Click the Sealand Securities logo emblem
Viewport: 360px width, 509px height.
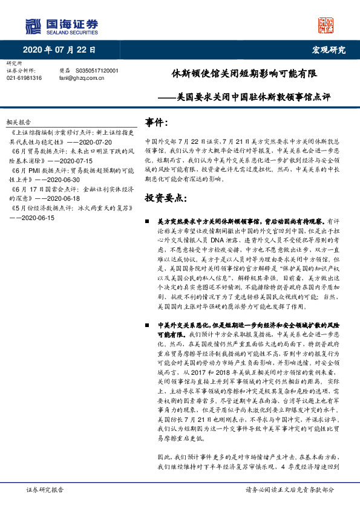tap(33, 26)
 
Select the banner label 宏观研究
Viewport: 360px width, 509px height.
tap(329, 50)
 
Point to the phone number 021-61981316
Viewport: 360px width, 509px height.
tap(24, 78)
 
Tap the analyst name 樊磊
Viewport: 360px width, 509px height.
tap(65, 71)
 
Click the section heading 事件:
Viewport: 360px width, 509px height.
tap(157, 123)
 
